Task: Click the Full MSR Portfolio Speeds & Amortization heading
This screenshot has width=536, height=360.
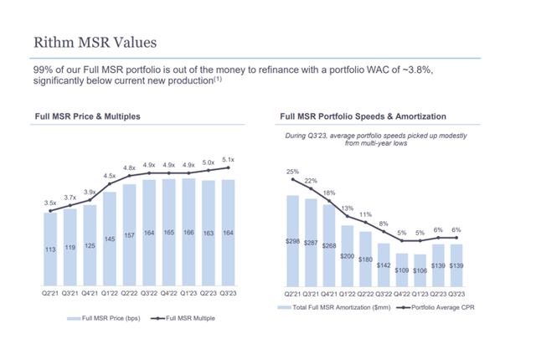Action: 363,116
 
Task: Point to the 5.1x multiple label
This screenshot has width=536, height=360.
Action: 228,159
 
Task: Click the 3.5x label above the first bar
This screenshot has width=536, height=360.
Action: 51,203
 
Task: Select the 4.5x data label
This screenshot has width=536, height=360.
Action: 110,176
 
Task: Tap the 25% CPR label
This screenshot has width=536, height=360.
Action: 292,172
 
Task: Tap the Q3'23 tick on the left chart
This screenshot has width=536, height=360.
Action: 227,295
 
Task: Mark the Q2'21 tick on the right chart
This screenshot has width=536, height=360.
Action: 293,295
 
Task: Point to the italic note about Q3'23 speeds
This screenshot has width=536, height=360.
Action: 375,139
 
